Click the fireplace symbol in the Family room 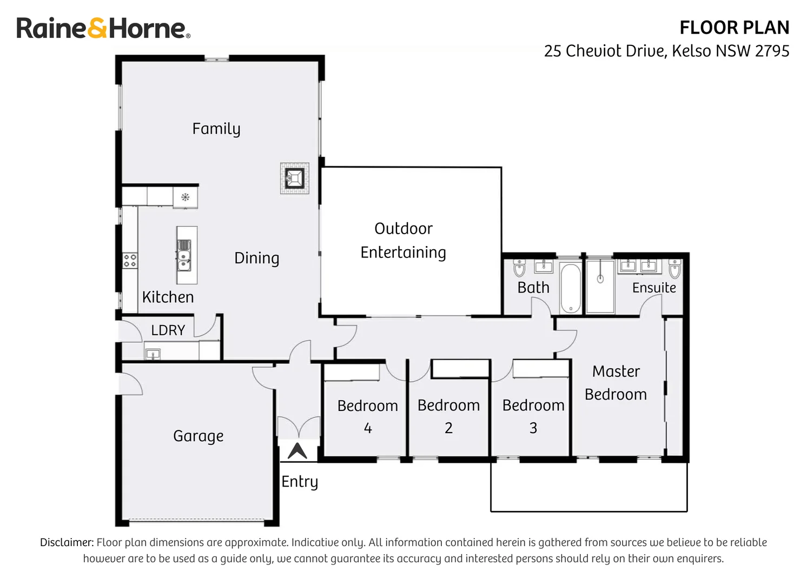295,178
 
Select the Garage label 198,436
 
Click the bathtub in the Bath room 571,288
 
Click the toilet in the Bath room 519,268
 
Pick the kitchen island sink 184,255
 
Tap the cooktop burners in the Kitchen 130,261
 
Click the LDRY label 168,330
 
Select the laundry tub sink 153,355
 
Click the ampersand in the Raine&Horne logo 97,28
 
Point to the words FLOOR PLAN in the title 734,28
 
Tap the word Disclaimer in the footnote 67,542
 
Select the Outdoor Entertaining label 403,241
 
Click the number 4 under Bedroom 367,428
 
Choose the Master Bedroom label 616,383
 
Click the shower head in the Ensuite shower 600,278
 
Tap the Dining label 256,258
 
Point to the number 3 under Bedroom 533,428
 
